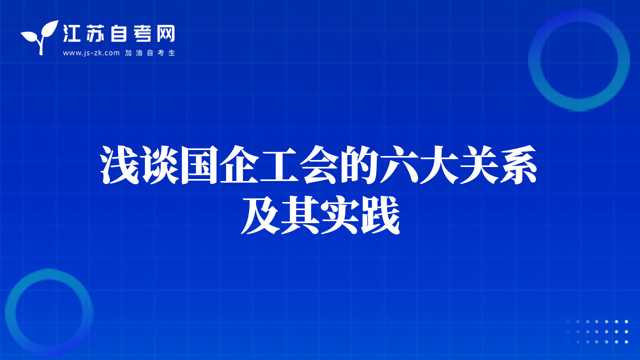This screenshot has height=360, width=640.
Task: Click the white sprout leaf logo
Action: (39, 37)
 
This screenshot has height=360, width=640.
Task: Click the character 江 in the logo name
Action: (71, 33)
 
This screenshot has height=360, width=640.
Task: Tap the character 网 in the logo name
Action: (165, 33)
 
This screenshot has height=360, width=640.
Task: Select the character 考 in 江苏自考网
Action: (142, 33)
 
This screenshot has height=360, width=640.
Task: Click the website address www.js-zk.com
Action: (91, 53)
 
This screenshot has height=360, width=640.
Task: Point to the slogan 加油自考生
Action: (150, 53)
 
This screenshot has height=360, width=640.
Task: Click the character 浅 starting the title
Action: (119, 164)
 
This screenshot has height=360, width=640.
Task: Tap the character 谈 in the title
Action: (160, 164)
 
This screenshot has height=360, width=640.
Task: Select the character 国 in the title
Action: (199, 164)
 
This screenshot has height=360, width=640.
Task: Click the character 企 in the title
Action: (239, 164)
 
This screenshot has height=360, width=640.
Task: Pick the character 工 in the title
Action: (279, 164)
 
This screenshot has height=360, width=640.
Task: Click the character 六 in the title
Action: (399, 164)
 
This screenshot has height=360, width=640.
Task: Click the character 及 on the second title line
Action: (260, 215)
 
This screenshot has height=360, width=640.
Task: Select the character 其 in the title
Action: (300, 215)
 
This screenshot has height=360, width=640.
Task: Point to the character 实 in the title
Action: (340, 215)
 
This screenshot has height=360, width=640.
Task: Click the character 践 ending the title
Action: (380, 215)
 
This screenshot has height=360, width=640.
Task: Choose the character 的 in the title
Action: (359, 164)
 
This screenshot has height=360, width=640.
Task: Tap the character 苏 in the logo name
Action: (95, 33)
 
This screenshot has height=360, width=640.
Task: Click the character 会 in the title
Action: (319, 164)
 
